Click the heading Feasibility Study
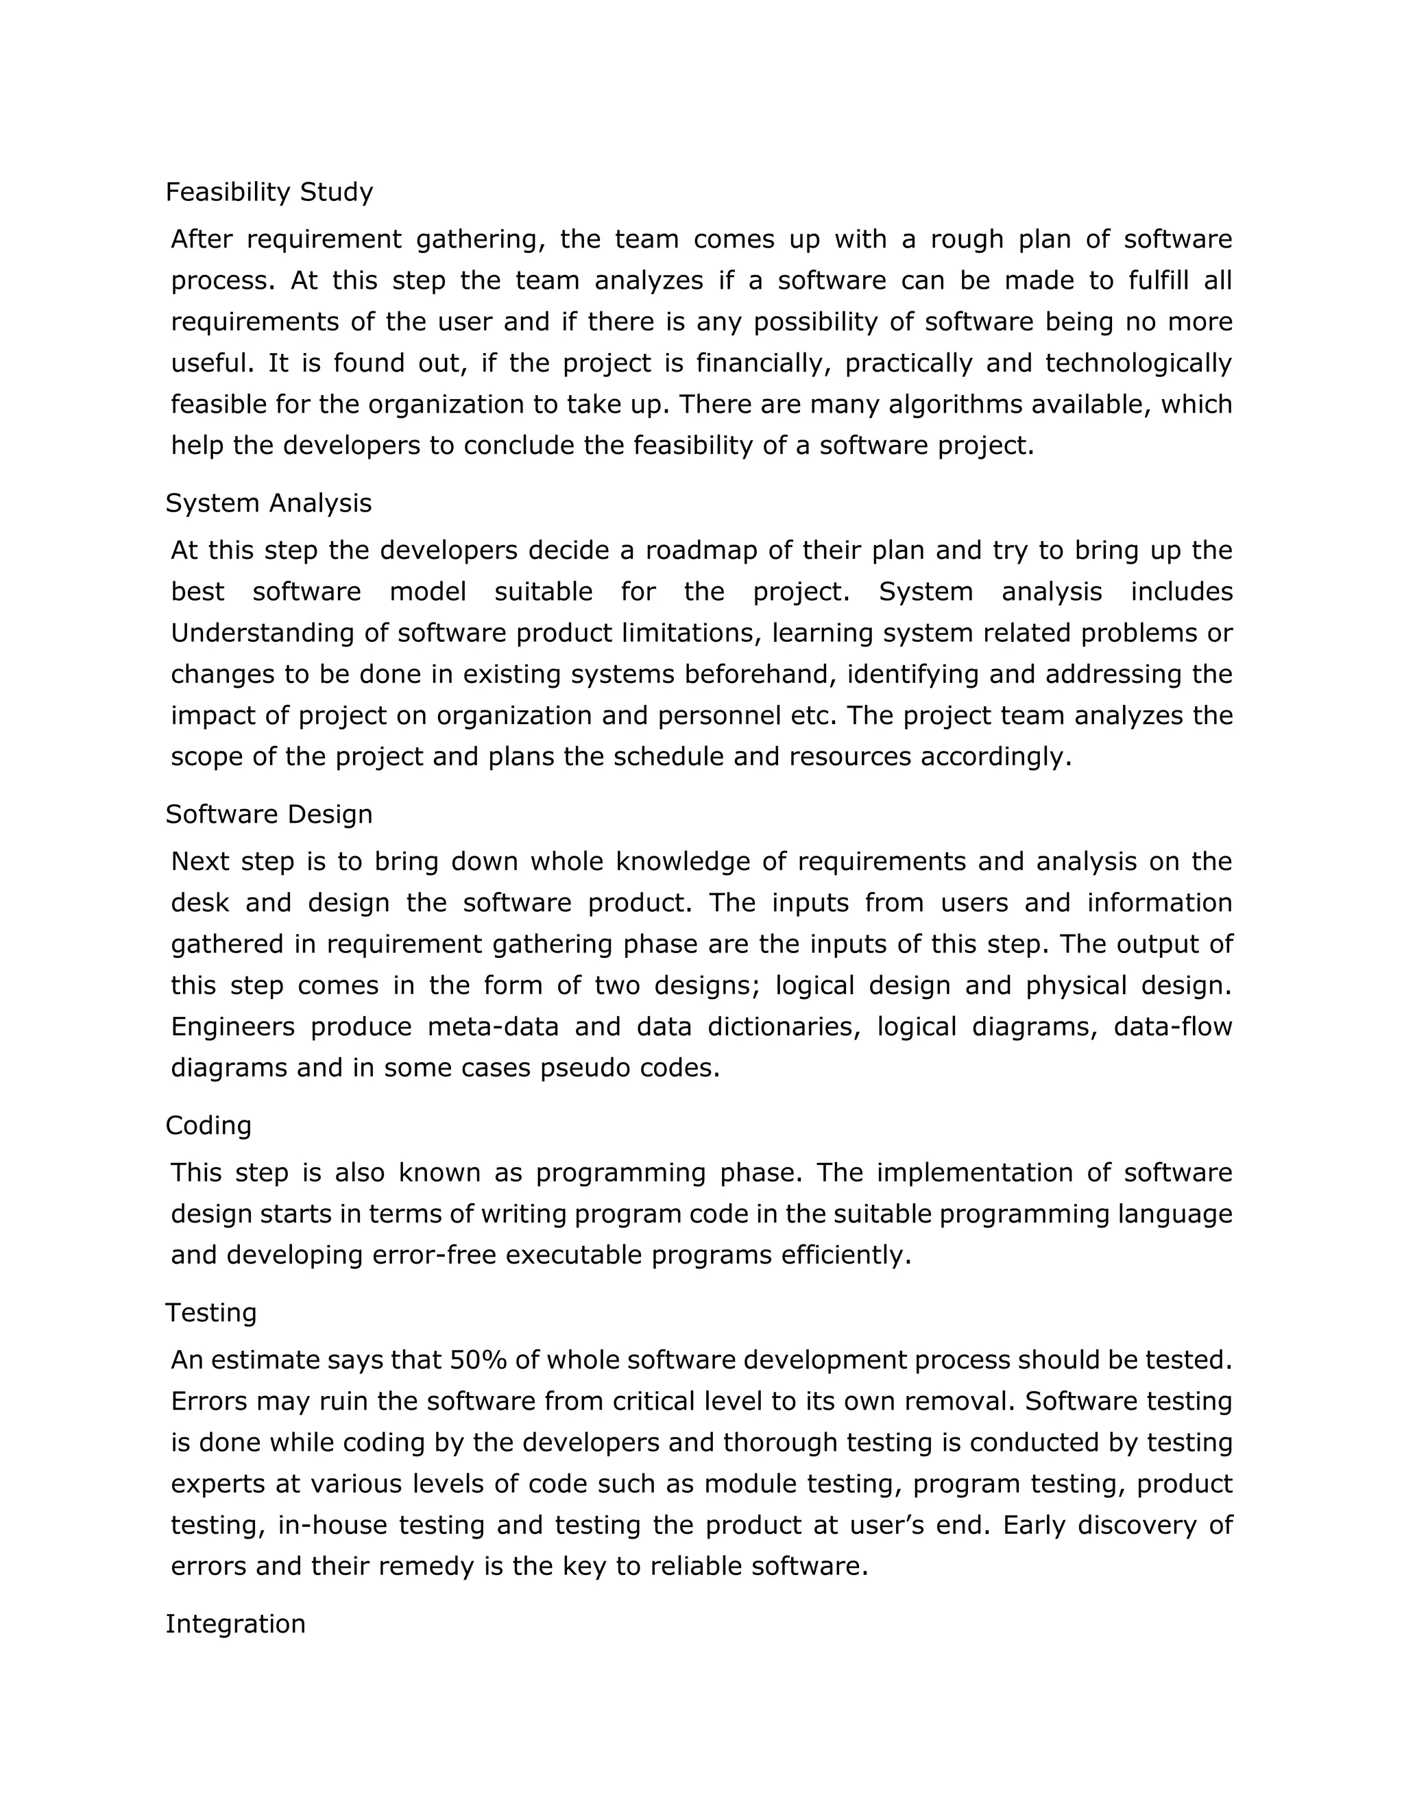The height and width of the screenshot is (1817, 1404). [x=269, y=192]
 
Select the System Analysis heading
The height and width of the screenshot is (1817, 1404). [x=268, y=503]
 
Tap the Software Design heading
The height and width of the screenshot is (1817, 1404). [x=269, y=814]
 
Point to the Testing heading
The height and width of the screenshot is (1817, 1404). [x=210, y=1313]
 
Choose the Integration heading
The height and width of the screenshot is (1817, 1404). [x=234, y=1623]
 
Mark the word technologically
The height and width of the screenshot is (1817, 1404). [x=1138, y=363]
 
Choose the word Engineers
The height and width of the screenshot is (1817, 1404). [x=233, y=1026]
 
